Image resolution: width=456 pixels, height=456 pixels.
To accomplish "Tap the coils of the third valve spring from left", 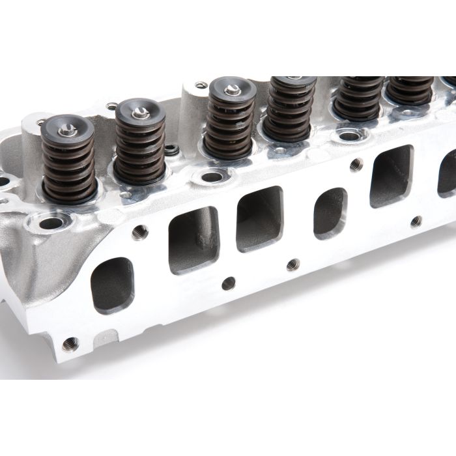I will pyautogui.click(x=229, y=127).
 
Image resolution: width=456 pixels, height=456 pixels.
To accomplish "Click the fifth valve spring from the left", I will pyautogui.click(x=358, y=98).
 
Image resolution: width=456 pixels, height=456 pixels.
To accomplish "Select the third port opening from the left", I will pyautogui.click(x=259, y=219).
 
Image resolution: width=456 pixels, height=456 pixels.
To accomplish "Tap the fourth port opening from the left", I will pyautogui.click(x=330, y=213).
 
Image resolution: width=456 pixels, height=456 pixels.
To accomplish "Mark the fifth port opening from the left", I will pyautogui.click(x=391, y=175).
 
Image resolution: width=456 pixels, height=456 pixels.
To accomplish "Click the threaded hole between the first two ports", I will pyautogui.click(x=138, y=232).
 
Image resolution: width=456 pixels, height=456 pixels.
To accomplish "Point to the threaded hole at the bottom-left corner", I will pyautogui.click(x=69, y=343).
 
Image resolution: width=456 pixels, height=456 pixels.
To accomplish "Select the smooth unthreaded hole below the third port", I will pyautogui.click(x=228, y=283).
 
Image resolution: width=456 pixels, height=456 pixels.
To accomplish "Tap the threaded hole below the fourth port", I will pyautogui.click(x=293, y=264).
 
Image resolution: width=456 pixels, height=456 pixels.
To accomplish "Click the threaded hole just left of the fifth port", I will pyautogui.click(x=355, y=165).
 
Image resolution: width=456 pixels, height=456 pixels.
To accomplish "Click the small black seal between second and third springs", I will pyautogui.click(x=171, y=150).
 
